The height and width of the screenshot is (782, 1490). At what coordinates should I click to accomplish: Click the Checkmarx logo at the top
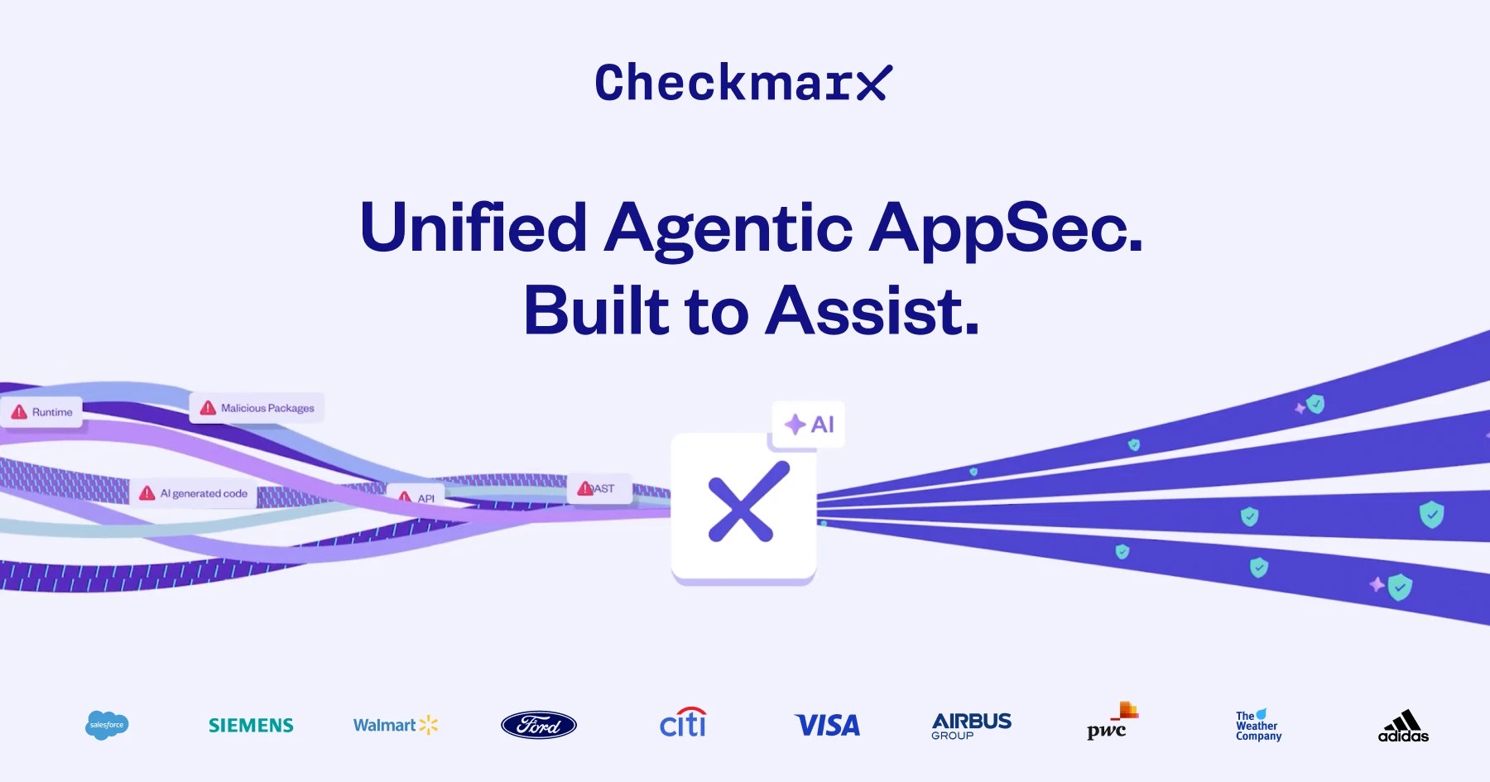(x=743, y=83)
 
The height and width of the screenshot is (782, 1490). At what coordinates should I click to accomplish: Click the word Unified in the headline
(x=473, y=228)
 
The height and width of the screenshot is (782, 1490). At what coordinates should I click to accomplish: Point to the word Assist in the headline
(x=873, y=311)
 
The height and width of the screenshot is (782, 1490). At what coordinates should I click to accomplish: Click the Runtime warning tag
(x=42, y=412)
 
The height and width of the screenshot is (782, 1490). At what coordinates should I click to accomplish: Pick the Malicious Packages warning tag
(x=257, y=408)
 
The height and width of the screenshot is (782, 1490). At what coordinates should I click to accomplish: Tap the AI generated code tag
(x=194, y=493)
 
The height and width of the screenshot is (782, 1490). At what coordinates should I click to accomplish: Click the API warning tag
(x=416, y=497)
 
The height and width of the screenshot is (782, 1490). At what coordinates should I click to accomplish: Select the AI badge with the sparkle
(x=809, y=425)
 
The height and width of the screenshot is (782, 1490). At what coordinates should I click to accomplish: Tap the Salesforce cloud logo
(x=107, y=725)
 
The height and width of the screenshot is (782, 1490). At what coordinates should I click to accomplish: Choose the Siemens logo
(x=251, y=726)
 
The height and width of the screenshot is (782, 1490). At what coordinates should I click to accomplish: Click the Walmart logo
(x=395, y=726)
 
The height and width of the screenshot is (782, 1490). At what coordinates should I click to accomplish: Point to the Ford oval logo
(x=539, y=726)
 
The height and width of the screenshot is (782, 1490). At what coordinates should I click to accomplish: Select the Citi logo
(x=683, y=723)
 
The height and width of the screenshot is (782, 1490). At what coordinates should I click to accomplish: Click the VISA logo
(x=827, y=726)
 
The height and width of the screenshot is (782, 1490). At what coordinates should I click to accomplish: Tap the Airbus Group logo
(x=971, y=725)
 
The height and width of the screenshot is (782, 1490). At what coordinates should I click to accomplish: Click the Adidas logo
(x=1403, y=726)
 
